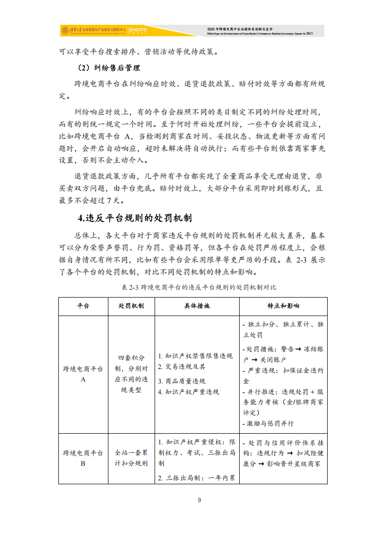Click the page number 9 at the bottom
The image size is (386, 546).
[199, 500]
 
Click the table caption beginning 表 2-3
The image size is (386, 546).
[199, 287]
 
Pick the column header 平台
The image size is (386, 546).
[83, 306]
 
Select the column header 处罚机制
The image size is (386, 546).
[131, 306]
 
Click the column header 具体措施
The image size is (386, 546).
[197, 306]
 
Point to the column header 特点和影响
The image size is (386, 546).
[283, 306]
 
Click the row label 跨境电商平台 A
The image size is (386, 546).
[83, 374]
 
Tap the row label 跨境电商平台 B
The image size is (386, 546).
[83, 458]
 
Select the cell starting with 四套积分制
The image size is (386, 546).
[131, 374]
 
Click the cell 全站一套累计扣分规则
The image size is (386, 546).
[131, 458]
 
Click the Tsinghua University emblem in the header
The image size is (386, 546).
[65, 31]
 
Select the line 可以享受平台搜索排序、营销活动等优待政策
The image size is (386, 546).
[139, 52]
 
